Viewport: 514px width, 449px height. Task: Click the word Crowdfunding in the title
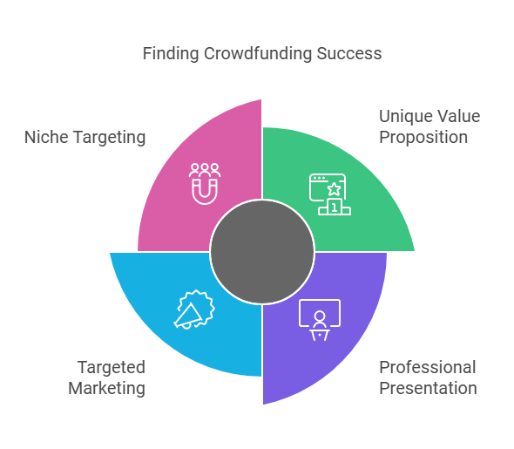(x=258, y=53)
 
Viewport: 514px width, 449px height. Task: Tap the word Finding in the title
(x=171, y=53)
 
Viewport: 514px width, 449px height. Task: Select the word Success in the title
(x=349, y=53)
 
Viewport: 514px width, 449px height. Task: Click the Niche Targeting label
(x=85, y=137)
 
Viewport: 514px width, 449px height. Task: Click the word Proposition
(x=423, y=137)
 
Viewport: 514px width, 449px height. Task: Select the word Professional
(x=428, y=367)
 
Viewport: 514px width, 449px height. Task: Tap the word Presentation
(x=428, y=388)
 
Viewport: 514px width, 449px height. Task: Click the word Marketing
(x=107, y=388)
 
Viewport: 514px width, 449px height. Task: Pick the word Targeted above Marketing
(x=112, y=367)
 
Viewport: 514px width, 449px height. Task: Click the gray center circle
(x=262, y=252)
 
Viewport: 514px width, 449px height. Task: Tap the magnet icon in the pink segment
(x=205, y=192)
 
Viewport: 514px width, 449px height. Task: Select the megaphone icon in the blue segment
(x=194, y=310)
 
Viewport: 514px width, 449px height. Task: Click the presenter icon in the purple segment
(x=320, y=320)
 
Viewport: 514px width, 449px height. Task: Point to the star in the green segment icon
(x=334, y=189)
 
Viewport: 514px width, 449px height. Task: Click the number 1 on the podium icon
(x=334, y=207)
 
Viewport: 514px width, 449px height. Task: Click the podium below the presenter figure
(x=320, y=335)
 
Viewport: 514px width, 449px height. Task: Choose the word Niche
(x=46, y=137)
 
